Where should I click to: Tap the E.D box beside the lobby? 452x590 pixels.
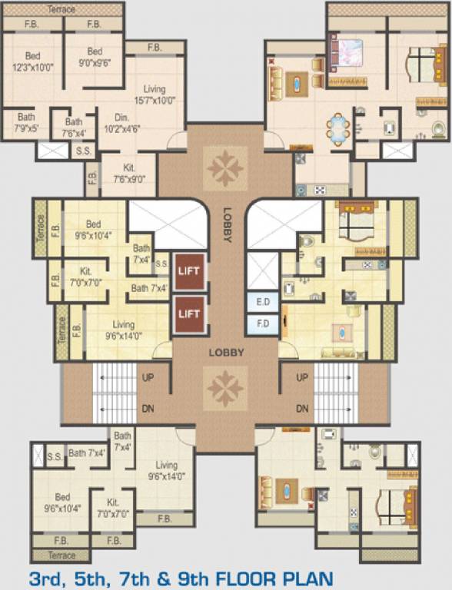pos(262,303)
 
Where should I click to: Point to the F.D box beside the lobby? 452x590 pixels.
pos(262,323)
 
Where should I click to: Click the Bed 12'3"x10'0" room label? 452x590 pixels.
pos(32,61)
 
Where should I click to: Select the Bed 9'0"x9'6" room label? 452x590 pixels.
pos(95,57)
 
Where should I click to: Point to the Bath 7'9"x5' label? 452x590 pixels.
pos(25,123)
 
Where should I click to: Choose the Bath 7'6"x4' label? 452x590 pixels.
pos(74,127)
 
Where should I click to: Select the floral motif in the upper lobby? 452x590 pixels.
pos(225,168)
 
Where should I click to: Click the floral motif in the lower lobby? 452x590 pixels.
pos(225,388)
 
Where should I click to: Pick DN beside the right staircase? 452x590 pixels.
pos(302,409)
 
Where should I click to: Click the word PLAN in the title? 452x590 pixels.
pos(304,576)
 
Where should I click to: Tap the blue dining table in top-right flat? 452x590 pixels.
pos(337,129)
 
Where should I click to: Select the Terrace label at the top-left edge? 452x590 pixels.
pos(61,9)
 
